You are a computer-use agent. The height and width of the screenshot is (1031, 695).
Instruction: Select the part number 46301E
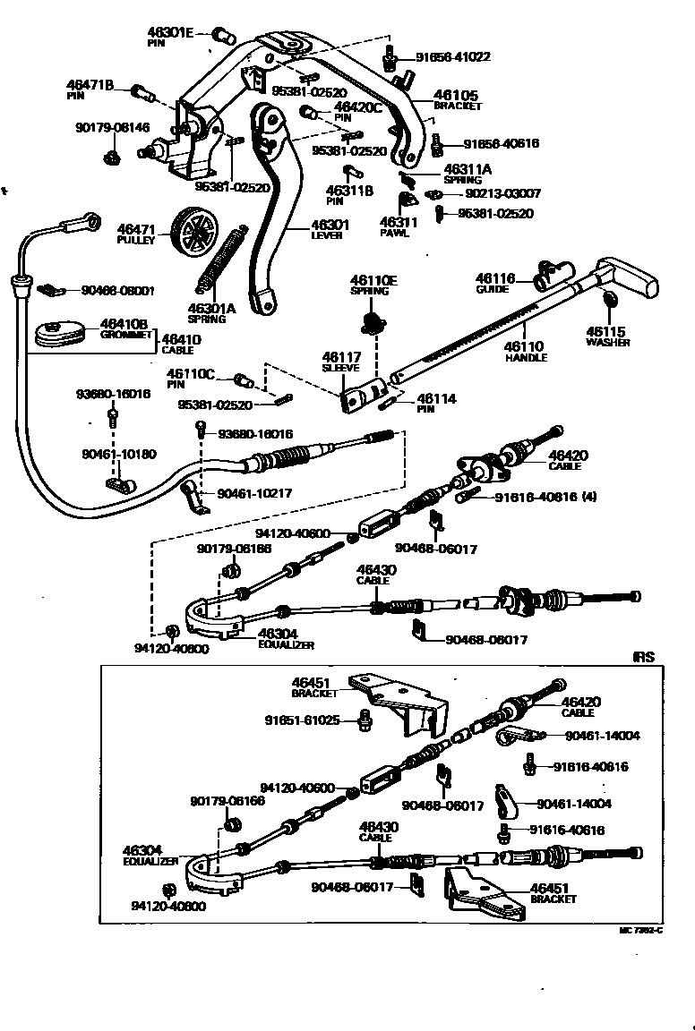[170, 31]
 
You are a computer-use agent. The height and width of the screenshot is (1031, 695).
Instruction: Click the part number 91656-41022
[452, 56]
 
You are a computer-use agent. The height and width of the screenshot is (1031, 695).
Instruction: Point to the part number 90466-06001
[117, 290]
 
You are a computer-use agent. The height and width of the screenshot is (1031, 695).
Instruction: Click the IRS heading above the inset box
[644, 657]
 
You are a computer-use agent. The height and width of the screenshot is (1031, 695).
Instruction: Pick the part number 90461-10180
[117, 455]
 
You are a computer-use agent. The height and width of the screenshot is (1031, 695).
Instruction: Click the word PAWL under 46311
[394, 234]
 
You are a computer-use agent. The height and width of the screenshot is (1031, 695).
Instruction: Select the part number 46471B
[90, 85]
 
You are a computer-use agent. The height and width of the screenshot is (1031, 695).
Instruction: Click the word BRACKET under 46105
[458, 107]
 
